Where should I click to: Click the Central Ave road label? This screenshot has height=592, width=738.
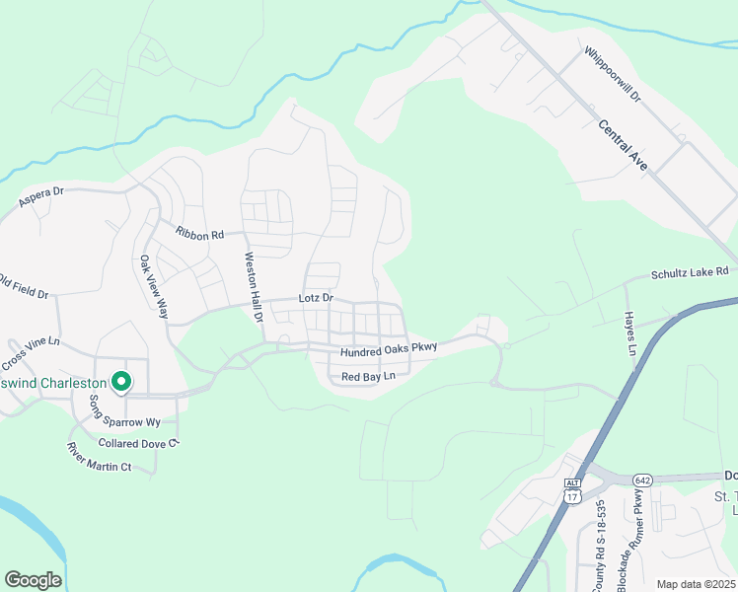[623, 146]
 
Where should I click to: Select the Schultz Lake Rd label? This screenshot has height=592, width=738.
[689, 272]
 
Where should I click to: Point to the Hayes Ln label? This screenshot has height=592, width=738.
[628, 333]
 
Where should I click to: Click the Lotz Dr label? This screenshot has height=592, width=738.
[316, 298]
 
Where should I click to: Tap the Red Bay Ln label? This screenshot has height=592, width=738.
[368, 377]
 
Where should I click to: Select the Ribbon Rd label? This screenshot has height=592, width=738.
[200, 234]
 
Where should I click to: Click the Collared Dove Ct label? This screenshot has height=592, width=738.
[137, 443]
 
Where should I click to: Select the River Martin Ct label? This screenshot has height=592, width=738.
[99, 458]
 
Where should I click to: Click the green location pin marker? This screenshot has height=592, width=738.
[121, 381]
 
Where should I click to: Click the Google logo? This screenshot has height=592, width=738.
[33, 580]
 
